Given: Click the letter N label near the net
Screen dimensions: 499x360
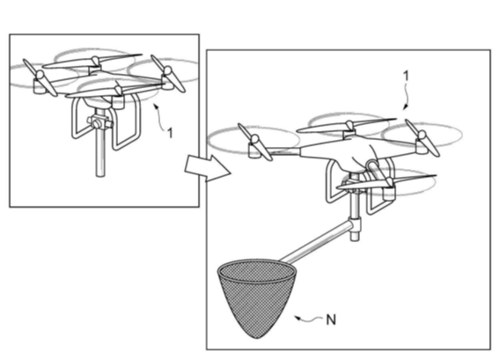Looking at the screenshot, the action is click(x=331, y=320).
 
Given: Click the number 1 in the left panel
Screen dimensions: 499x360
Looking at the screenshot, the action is click(x=170, y=133).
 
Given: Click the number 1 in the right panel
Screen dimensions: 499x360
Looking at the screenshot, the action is click(x=406, y=76).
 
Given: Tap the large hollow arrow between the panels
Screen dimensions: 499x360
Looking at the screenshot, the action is click(x=208, y=168).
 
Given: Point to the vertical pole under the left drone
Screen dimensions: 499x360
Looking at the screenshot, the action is click(x=100, y=150).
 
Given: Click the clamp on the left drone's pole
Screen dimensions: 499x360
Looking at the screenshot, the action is click(x=99, y=122).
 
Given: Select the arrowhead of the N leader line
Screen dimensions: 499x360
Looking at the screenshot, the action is click(x=297, y=318).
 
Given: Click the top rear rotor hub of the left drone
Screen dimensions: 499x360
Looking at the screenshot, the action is click(x=95, y=63).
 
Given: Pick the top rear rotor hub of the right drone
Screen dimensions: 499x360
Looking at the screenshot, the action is click(x=349, y=129).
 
